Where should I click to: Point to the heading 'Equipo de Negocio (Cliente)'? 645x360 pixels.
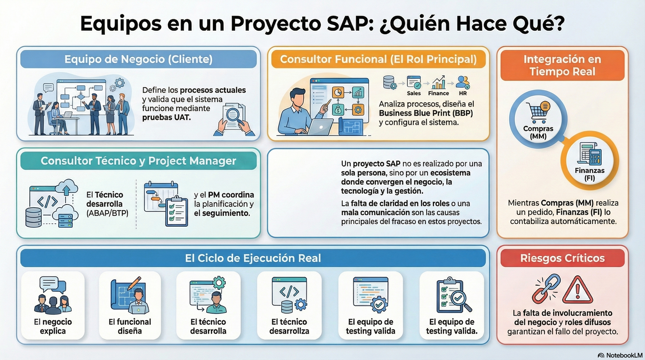(138, 59)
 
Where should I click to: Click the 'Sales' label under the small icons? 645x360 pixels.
(414, 93)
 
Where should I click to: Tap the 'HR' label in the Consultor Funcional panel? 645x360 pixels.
(463, 93)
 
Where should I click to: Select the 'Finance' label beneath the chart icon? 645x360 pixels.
(438, 93)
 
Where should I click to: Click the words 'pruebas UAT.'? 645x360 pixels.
(166, 118)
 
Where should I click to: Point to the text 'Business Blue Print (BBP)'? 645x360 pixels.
(426, 113)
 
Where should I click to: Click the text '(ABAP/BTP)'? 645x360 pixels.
(107, 213)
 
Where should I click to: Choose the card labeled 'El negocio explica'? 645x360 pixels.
(53, 306)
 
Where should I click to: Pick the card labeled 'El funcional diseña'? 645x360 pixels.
(130, 306)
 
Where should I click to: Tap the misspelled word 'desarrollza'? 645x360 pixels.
(289, 331)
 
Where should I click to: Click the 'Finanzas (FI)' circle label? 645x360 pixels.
(589, 174)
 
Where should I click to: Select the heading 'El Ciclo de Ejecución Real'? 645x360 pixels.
(253, 258)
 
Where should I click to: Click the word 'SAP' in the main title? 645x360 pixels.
(350, 24)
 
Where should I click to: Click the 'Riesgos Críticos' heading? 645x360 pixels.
(562, 258)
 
